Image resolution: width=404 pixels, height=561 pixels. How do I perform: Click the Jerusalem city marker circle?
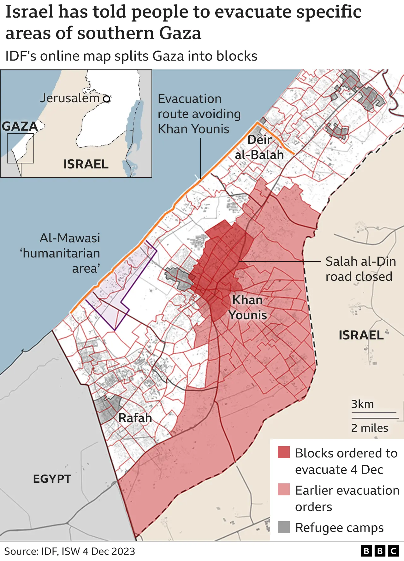click(x=107, y=99)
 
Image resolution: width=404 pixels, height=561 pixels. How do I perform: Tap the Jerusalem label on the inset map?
click(x=69, y=98)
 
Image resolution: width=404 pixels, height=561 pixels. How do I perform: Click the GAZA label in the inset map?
click(x=20, y=126)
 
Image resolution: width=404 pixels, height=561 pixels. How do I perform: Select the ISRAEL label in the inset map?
click(x=86, y=164)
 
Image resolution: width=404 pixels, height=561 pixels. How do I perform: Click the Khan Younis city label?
click(x=248, y=307)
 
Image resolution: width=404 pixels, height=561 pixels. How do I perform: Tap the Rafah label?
click(x=135, y=418)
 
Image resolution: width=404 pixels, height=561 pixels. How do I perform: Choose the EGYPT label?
click(x=52, y=479)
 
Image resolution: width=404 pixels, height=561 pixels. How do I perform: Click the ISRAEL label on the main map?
click(x=361, y=335)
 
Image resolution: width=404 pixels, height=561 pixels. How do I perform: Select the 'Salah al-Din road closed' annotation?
click(x=360, y=269)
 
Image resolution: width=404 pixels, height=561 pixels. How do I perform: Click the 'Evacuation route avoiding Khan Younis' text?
click(x=199, y=114)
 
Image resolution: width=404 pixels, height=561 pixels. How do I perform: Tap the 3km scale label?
click(x=362, y=404)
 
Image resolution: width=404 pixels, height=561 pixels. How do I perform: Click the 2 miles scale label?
click(x=370, y=428)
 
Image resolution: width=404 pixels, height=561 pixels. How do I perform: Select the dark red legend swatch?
click(x=284, y=452)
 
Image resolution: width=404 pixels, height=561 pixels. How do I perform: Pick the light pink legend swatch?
click(x=284, y=489)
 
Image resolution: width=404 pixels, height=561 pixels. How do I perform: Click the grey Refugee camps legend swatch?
click(x=284, y=527)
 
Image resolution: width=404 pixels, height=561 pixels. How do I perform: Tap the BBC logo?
click(x=380, y=551)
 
